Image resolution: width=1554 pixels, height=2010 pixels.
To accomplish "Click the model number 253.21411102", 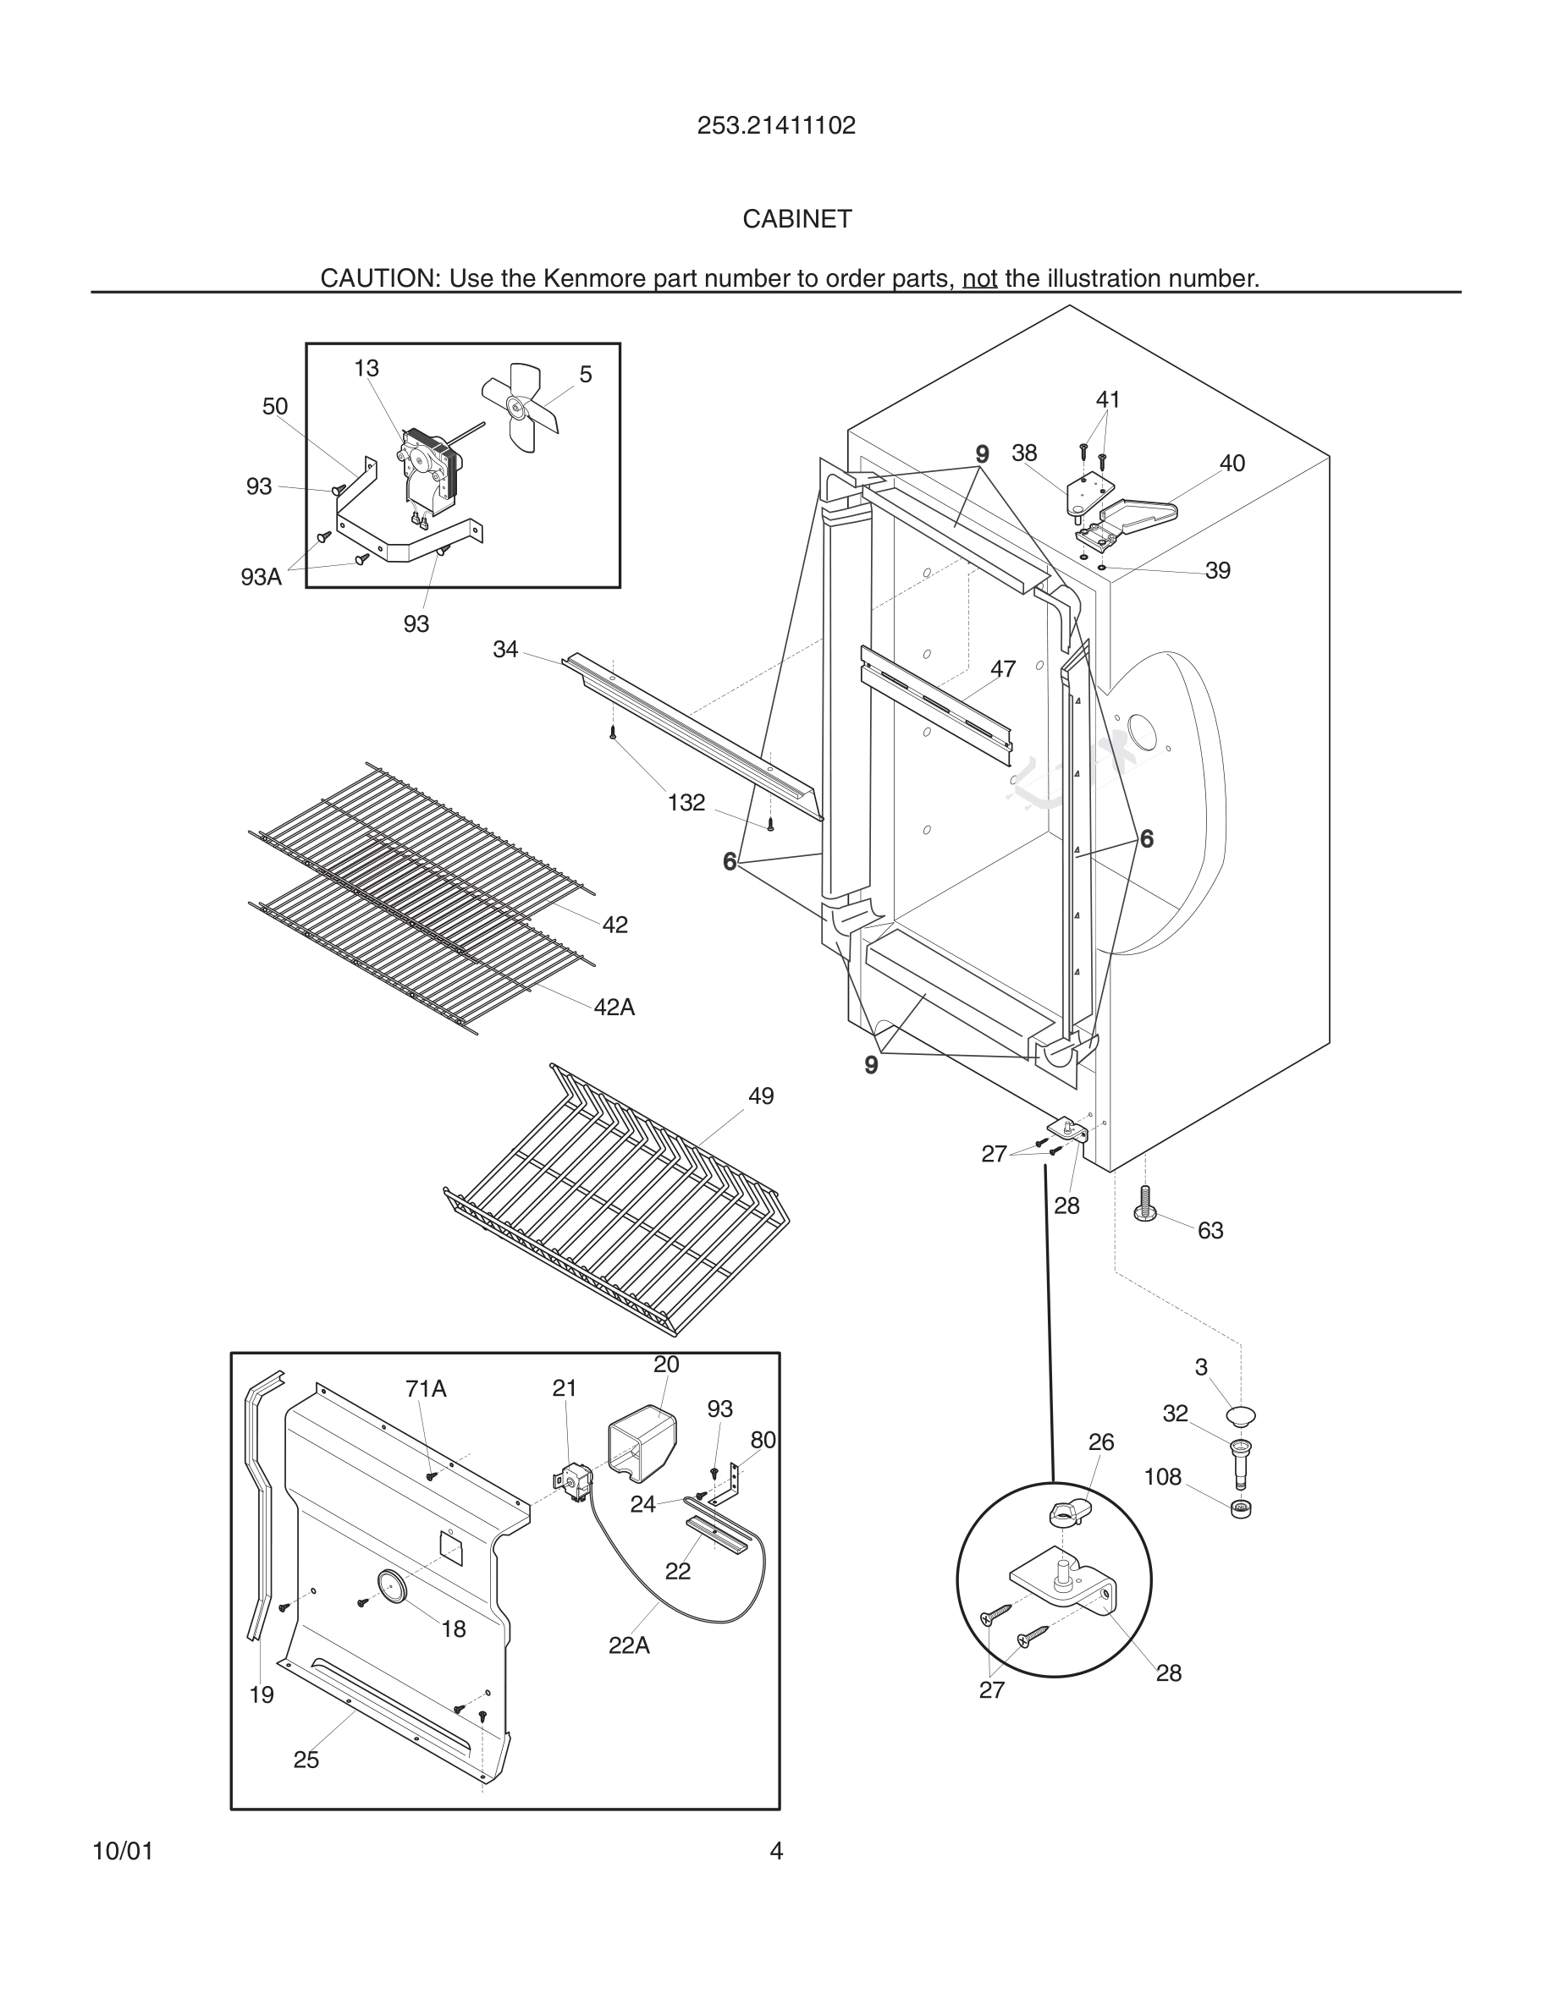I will pos(776,126).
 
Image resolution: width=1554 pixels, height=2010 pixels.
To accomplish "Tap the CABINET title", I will pos(797,219).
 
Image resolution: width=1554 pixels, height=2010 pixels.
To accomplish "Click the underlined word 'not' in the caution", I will pos(979,278).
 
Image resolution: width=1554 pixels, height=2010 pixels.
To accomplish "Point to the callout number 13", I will pos(366,368).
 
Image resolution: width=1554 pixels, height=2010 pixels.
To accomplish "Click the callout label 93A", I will pos(261,577).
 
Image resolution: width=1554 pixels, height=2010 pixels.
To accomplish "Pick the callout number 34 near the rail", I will pos(505,650).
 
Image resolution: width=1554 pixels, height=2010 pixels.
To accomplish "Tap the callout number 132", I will pos(686,803).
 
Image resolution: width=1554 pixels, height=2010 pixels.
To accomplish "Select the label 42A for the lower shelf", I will pos(614,1007).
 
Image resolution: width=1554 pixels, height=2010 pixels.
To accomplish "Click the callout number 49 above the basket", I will pos(760,1096).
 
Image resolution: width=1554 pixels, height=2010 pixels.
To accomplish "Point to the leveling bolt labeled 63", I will pos(1146,1203).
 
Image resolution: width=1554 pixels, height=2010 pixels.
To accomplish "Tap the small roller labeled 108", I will pos(1241,1508).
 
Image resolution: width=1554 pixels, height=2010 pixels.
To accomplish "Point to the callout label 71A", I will pos(426,1389).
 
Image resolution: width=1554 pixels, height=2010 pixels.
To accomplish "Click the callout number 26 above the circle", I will pos(1101,1442).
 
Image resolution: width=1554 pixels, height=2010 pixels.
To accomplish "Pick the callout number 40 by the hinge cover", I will pos(1232,464).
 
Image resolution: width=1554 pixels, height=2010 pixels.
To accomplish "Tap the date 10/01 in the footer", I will pos(123,1851).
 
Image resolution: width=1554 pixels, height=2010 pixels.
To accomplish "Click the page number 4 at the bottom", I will pos(776,1851).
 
